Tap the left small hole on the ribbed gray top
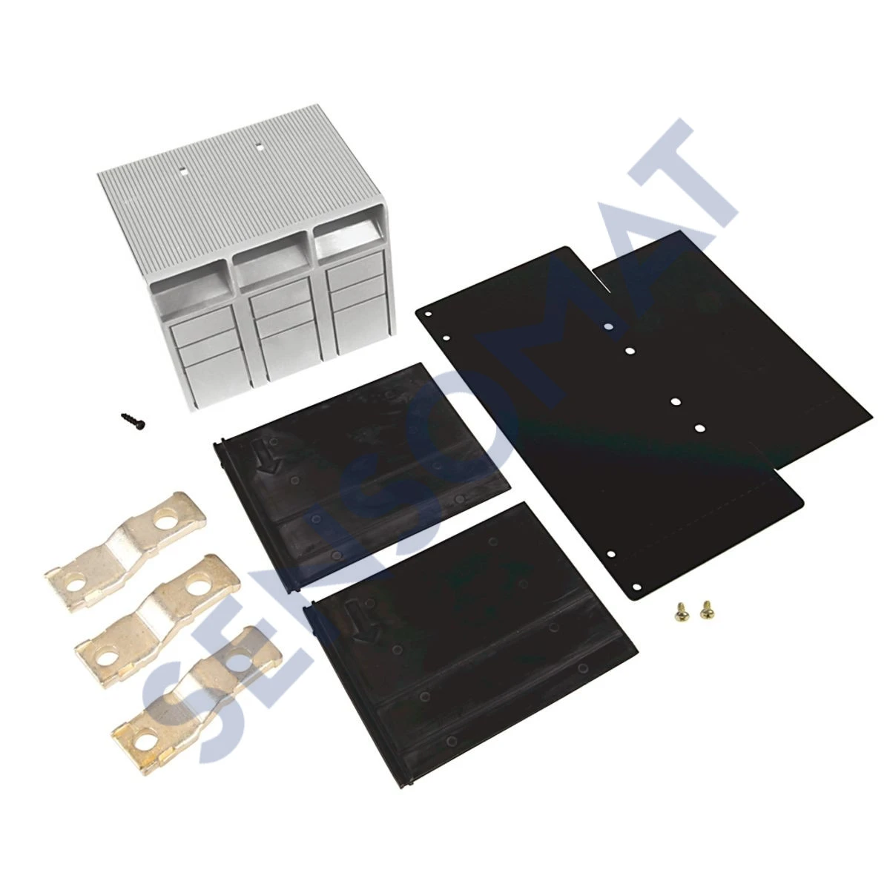[183, 171]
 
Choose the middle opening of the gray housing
[271, 260]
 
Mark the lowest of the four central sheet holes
[699, 428]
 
